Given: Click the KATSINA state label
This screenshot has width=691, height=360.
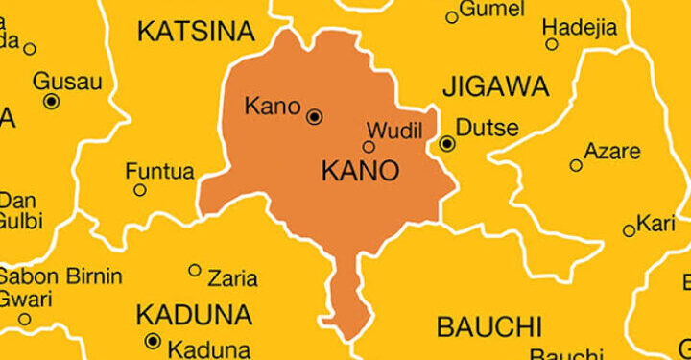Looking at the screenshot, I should (x=196, y=31).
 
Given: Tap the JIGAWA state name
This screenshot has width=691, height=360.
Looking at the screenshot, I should (x=495, y=86).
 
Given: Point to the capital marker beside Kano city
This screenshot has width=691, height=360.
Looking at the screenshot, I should (x=314, y=117).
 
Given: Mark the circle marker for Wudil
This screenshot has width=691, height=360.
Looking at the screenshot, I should (x=369, y=147).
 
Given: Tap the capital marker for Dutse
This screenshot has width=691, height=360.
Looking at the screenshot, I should (x=447, y=144).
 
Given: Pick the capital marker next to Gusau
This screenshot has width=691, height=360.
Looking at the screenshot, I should (x=51, y=100).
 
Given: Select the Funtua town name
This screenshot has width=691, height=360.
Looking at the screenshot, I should (x=159, y=173).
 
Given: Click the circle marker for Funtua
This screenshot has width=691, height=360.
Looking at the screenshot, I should (x=140, y=190).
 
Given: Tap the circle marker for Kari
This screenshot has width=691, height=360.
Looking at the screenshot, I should (x=629, y=230).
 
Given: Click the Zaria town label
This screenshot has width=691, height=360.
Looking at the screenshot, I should (x=232, y=278).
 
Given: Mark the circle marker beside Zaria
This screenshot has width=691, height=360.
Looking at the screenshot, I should (x=195, y=271).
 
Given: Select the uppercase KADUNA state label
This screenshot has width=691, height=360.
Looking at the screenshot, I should (x=194, y=314).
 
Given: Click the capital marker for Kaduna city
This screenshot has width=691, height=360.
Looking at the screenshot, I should (x=152, y=341).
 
